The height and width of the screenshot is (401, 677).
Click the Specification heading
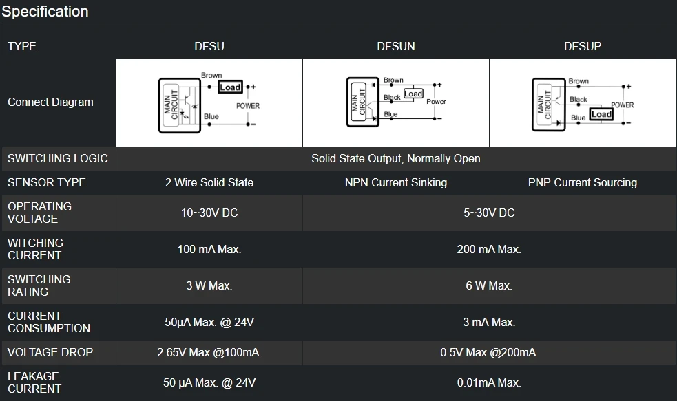pos(45,11)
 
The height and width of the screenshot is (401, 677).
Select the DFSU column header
pos(209,46)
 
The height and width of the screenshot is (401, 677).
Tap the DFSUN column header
pos(396,46)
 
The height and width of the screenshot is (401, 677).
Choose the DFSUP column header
pos(583,46)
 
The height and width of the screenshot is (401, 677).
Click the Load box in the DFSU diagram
pos(230,87)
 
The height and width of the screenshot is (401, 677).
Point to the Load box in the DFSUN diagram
pos(413,94)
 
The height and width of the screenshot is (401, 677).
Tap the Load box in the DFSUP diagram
pos(601,114)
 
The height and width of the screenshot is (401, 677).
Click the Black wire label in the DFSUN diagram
pos(392,98)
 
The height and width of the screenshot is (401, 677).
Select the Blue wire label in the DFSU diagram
pos(211,116)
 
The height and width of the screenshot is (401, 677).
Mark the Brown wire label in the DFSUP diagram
pos(579,81)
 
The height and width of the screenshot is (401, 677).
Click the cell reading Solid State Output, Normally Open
pos(396,159)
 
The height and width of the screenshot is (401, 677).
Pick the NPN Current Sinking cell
pos(396,183)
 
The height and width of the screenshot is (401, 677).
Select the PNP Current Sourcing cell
pos(583,183)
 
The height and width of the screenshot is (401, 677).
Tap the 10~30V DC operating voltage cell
pos(209,213)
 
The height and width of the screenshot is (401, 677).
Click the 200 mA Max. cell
pos(489,249)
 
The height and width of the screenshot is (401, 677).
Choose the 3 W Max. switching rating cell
pos(209,285)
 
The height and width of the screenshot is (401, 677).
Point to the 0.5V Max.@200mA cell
pos(488,352)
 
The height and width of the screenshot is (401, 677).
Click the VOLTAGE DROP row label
pos(50,352)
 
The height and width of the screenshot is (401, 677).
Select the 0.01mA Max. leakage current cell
pos(489,382)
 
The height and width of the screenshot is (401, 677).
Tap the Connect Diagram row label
pos(50,102)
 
